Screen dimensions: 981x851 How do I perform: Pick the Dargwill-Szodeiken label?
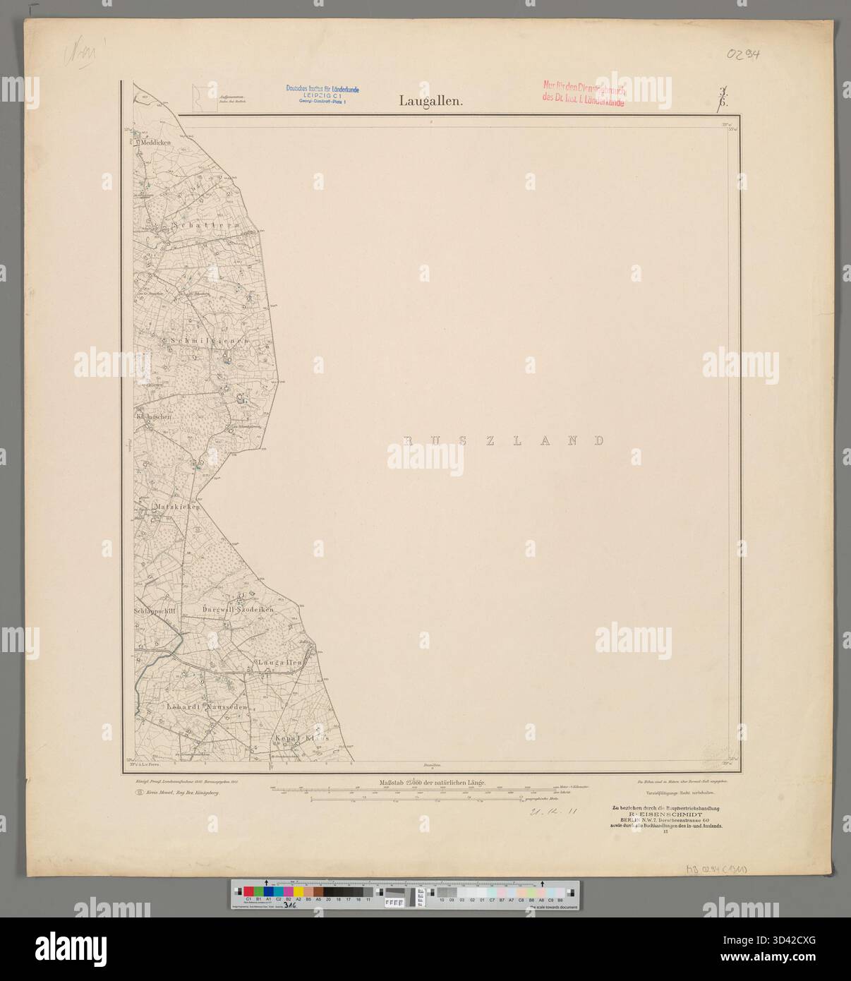coord(237,608)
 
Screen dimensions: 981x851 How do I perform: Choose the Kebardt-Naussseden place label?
coord(207,706)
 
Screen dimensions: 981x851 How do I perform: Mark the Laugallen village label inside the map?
coord(281,663)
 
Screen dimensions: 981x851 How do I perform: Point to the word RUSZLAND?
coord(503,440)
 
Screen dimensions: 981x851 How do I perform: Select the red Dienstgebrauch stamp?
coord(582,92)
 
